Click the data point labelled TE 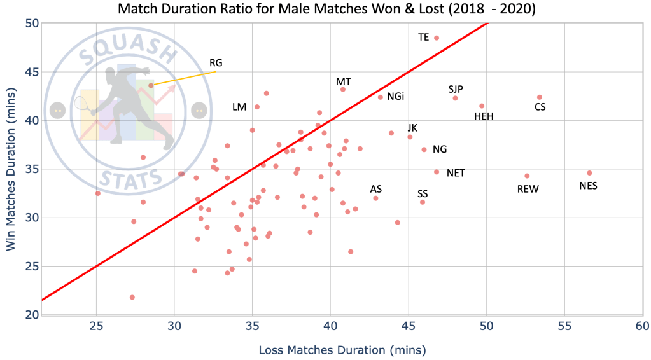pyautogui.click(x=437, y=38)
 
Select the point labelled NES pyautogui.click(x=589, y=173)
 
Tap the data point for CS pyautogui.click(x=540, y=97)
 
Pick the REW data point pyautogui.click(x=527, y=176)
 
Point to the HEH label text pyautogui.click(x=484, y=116)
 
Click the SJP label pyautogui.click(x=456, y=89)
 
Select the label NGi pyautogui.click(x=395, y=97)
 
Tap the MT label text pyautogui.click(x=344, y=82)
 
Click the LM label pyautogui.click(x=239, y=107)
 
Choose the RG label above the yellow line pyautogui.click(x=216, y=63)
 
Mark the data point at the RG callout pyautogui.click(x=151, y=85)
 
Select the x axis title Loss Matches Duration pyautogui.click(x=342, y=350)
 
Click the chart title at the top pyautogui.click(x=325, y=9)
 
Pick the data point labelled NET pyautogui.click(x=437, y=172)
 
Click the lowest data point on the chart pyautogui.click(x=132, y=297)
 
